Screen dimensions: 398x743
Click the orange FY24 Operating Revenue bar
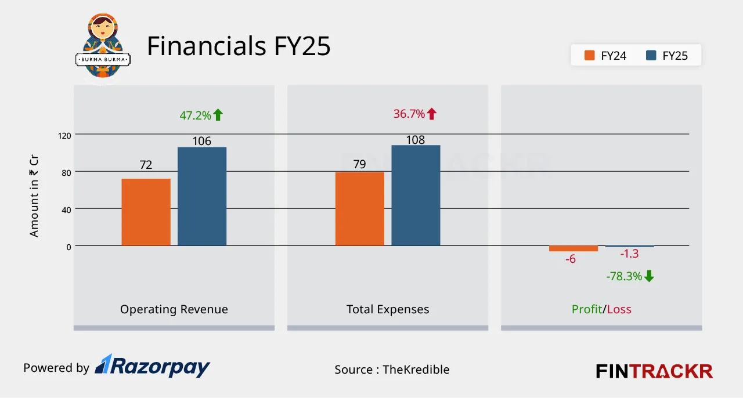146,212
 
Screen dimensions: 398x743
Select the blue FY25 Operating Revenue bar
202,196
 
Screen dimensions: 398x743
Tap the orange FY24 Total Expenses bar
359,209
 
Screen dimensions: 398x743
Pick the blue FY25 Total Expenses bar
416,195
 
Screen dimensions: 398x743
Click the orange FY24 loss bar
574,248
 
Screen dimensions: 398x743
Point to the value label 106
202,141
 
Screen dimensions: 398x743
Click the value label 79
359,165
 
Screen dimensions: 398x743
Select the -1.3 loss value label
629,254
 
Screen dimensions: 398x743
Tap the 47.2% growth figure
195,115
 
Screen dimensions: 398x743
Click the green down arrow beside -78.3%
649,276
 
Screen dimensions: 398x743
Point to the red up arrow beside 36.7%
431,114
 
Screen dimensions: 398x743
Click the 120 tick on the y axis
64,135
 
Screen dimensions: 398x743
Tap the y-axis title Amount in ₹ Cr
34,197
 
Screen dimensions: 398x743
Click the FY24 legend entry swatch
590,56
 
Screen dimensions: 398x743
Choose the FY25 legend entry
667,56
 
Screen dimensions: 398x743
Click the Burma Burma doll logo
103,48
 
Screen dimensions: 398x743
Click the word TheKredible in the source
416,370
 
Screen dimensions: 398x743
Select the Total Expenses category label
388,309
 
